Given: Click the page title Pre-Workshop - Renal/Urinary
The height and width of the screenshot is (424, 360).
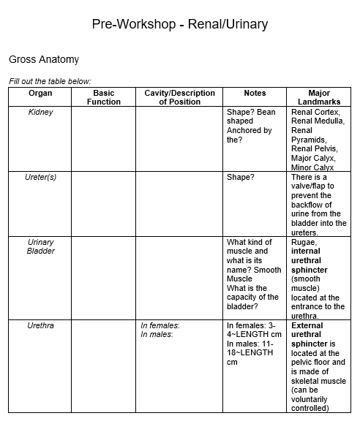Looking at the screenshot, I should (x=180, y=24).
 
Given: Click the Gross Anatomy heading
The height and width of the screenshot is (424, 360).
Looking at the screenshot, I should (x=44, y=59).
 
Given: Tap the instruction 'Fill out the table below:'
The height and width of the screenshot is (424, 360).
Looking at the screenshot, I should (x=50, y=81).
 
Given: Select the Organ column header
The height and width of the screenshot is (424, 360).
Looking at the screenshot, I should (x=40, y=94).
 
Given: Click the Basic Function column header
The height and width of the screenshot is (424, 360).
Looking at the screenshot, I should (x=103, y=98).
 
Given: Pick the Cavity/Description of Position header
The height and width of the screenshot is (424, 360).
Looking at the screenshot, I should (x=179, y=98).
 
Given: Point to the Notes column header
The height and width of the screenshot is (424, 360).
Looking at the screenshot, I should (x=255, y=94).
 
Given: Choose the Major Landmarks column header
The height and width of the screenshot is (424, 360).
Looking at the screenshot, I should (x=318, y=98).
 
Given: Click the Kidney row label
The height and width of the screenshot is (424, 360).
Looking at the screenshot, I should (x=40, y=113).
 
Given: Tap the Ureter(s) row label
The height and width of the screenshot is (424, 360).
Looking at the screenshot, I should (x=40, y=178).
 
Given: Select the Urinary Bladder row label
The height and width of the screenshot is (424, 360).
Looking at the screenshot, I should (x=40, y=246).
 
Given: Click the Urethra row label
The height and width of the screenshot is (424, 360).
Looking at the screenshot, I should (x=40, y=325).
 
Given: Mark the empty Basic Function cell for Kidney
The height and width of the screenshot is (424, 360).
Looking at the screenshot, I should (x=103, y=139).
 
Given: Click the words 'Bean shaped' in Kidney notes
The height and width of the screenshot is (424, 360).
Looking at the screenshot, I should (x=251, y=117).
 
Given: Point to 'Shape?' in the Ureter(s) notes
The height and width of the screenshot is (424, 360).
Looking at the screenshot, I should (x=240, y=178).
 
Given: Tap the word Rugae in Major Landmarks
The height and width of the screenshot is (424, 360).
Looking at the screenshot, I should (x=304, y=242).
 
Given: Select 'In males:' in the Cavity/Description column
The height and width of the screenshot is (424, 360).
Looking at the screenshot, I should (x=157, y=334).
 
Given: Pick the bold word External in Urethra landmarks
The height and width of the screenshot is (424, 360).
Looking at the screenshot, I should (x=307, y=325).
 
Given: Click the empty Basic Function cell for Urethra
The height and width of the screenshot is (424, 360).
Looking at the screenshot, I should (x=103, y=366).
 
